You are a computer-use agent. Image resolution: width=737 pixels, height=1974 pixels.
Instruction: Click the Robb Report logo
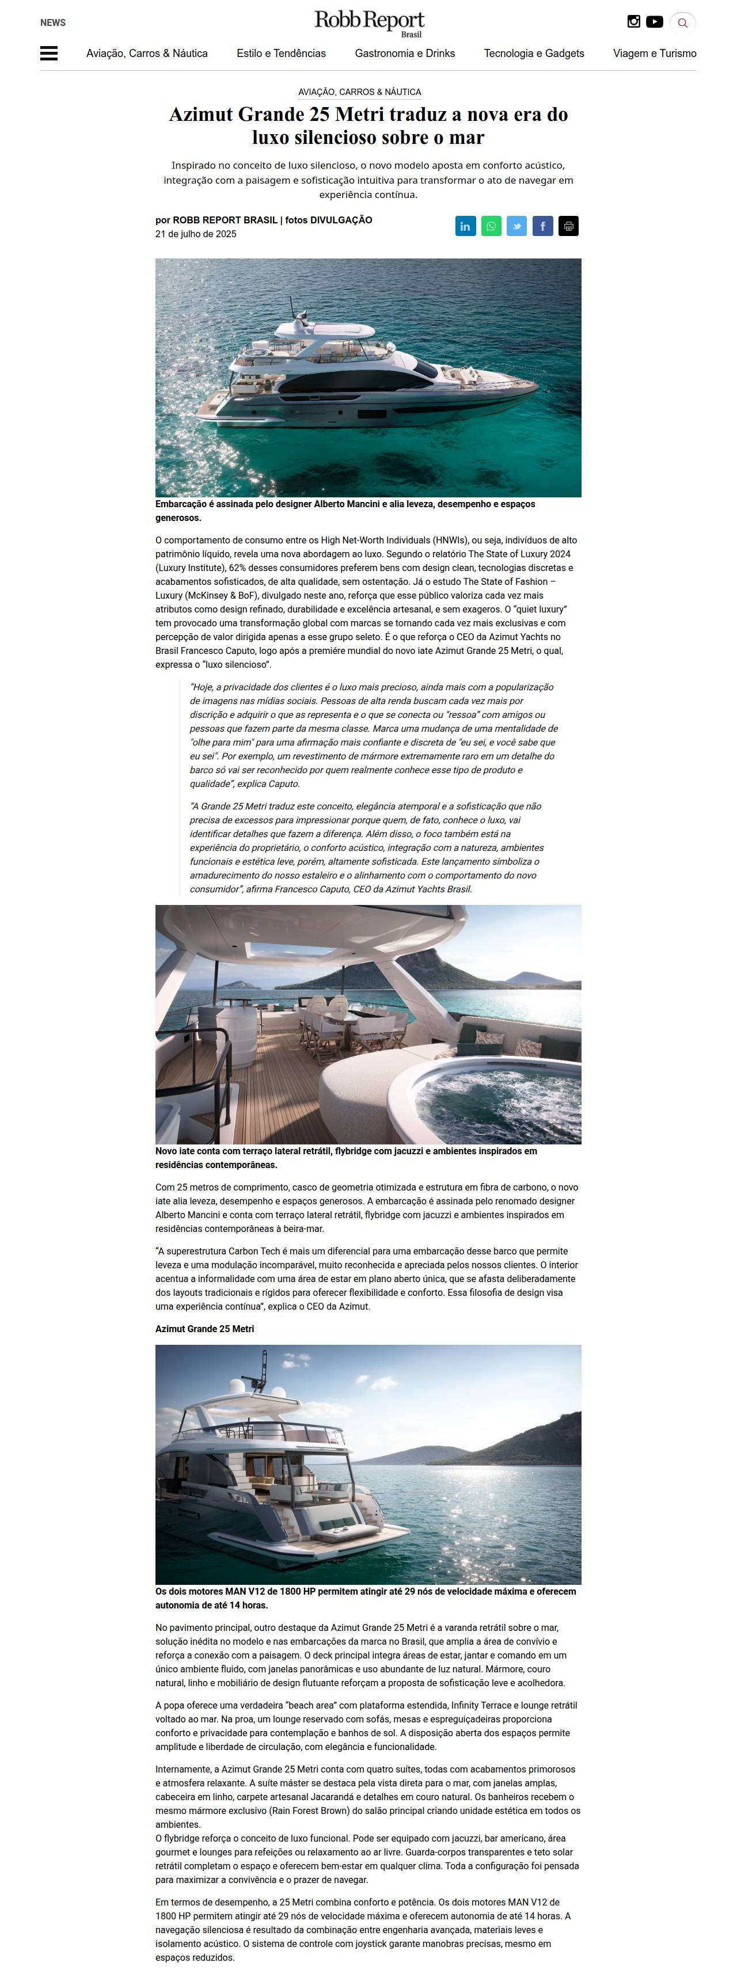tap(368, 23)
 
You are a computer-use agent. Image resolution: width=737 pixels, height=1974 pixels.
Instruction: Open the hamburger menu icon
tap(49, 53)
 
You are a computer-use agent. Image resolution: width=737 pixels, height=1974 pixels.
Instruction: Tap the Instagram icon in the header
tap(633, 21)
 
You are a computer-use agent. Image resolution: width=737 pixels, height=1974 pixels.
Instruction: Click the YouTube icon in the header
tap(654, 21)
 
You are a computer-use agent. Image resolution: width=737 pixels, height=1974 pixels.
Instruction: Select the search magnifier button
tap(683, 23)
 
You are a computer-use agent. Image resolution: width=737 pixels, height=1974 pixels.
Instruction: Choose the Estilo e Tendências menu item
tap(281, 54)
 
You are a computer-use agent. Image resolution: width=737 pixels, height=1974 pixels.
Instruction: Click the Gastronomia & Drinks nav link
tap(405, 54)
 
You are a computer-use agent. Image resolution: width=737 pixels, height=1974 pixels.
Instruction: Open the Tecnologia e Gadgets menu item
tap(534, 54)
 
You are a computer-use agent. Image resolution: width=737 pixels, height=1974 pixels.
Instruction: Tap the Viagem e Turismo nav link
tap(654, 54)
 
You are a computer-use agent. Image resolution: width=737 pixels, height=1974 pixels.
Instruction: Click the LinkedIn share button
tap(466, 226)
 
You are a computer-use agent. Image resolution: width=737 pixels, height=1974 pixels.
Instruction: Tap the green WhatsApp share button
tap(491, 226)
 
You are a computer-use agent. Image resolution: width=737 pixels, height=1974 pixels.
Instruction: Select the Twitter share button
tap(516, 226)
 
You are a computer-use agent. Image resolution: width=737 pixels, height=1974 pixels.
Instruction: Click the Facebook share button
tap(542, 226)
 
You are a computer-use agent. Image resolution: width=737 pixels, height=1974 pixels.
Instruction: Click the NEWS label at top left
tap(53, 23)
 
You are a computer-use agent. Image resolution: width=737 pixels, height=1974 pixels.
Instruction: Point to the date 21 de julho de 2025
tap(196, 234)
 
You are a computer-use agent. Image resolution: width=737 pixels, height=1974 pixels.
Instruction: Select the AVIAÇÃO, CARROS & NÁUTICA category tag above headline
tap(359, 92)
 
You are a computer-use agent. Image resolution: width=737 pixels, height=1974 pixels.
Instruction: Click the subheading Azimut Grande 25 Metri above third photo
tap(204, 1329)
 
